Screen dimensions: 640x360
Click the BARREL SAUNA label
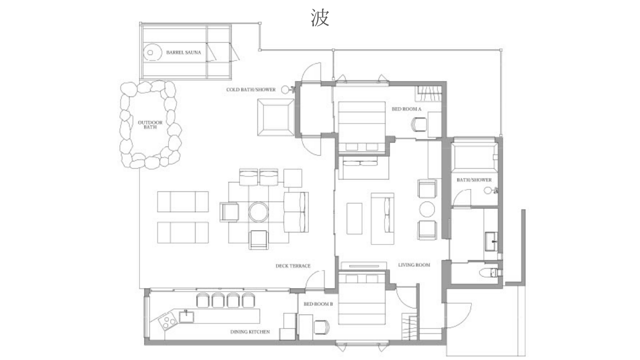coord(183,52)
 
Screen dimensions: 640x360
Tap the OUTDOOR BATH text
coord(150,125)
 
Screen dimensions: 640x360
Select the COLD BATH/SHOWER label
coord(251,89)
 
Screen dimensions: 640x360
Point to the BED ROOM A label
coord(406,109)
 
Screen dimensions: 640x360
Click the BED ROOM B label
coord(318,304)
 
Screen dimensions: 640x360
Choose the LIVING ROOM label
coord(414,265)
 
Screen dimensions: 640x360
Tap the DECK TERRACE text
coord(293,266)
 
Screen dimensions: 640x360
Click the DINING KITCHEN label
coord(250,332)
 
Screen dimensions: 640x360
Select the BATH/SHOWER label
coord(474,180)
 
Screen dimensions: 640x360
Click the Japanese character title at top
coord(320,17)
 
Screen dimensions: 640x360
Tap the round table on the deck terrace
coord(258,211)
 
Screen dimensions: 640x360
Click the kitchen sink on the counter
coord(186,317)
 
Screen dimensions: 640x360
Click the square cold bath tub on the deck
coord(275,117)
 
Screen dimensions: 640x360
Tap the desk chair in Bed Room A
coord(419,125)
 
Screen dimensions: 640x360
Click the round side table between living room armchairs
coord(427,209)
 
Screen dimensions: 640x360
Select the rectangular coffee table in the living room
coord(354,218)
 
